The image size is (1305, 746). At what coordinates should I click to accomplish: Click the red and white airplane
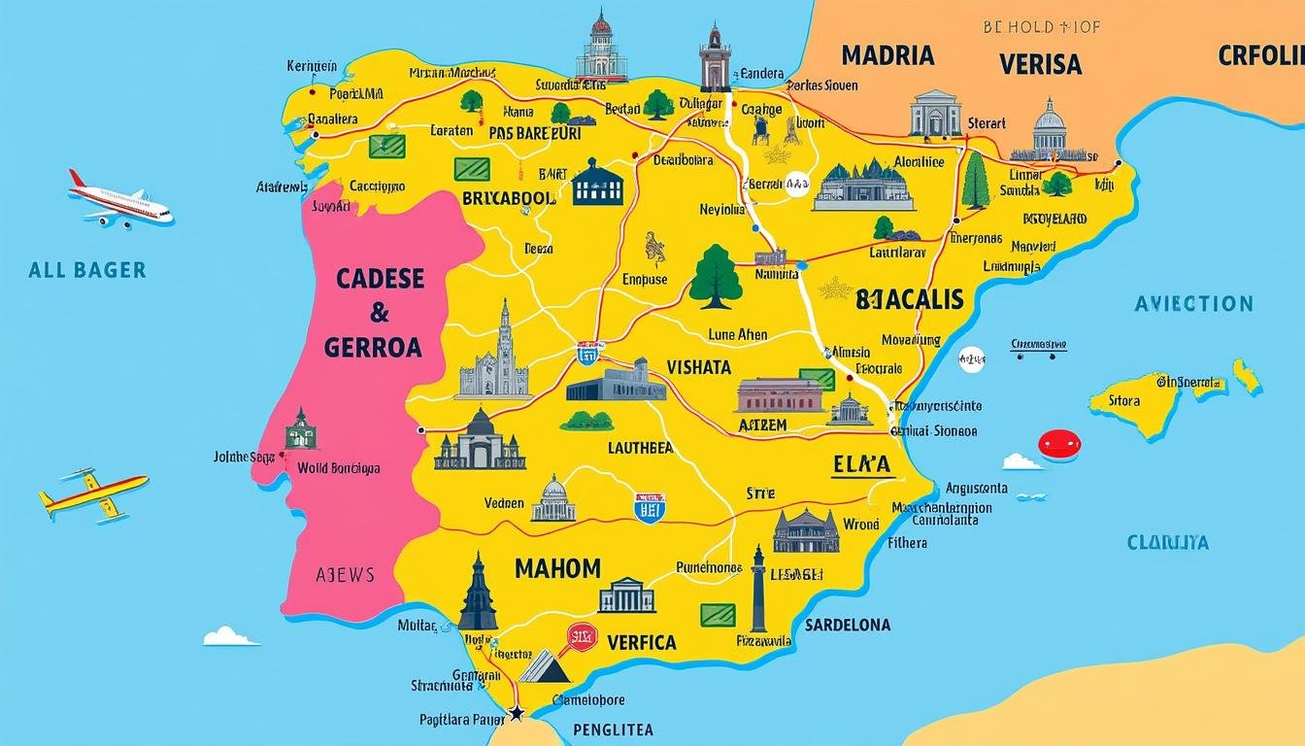tap(119, 201)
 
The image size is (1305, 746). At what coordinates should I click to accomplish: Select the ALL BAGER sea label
tap(87, 270)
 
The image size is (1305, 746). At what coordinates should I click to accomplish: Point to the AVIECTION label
tap(1193, 304)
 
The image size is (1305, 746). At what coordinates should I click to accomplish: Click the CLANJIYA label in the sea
tap(1181, 543)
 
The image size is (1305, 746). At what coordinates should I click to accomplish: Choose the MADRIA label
tap(887, 55)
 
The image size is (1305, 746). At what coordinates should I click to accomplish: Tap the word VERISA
tap(1040, 64)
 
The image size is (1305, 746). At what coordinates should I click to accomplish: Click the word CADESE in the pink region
tap(380, 279)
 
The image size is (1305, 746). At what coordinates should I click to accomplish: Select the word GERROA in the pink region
tap(374, 347)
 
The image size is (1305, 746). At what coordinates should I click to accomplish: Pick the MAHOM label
tap(557, 568)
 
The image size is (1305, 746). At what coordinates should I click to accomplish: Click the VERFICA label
tap(641, 642)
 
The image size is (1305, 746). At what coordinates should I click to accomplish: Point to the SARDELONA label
tap(848, 625)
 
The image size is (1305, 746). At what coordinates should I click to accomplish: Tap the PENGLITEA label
tap(613, 729)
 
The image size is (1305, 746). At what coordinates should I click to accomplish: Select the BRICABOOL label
tap(509, 197)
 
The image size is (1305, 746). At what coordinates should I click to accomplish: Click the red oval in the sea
tap(1059, 445)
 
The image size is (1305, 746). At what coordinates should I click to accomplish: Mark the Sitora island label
tap(1123, 399)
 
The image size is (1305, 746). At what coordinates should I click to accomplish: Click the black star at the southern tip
tap(517, 714)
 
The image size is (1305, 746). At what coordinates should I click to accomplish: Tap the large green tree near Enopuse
tap(716, 276)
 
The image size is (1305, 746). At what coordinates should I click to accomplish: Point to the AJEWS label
tap(345, 574)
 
